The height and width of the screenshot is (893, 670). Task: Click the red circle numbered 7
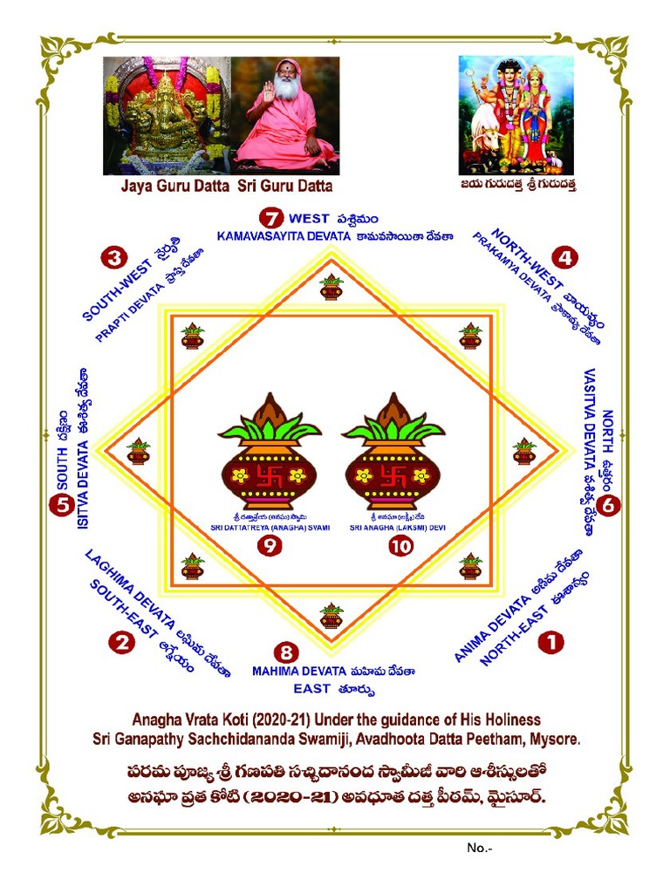click(x=272, y=218)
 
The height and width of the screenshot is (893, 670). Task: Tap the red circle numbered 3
click(x=114, y=257)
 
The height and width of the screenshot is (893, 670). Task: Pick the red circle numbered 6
click(x=609, y=504)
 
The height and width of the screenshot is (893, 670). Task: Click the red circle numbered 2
click(x=120, y=643)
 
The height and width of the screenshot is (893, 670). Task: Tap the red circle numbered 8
click(x=285, y=652)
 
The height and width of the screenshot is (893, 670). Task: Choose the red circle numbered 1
click(x=550, y=643)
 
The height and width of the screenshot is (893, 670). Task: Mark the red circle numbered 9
click(x=270, y=548)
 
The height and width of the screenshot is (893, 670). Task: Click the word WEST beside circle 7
click(x=309, y=218)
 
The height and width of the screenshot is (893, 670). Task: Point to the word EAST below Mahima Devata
click(x=311, y=689)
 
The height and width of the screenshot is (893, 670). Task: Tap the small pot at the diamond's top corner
click(x=331, y=287)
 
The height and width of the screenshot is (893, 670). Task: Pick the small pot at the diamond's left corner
click(x=139, y=452)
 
